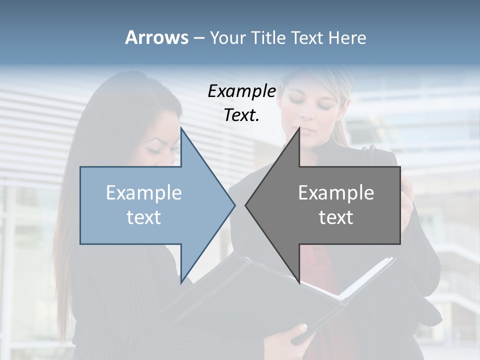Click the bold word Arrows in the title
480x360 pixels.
(x=157, y=37)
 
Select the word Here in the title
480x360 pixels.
(x=347, y=37)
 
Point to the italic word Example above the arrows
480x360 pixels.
(x=242, y=91)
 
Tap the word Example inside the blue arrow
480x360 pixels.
(x=144, y=193)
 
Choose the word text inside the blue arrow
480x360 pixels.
(x=144, y=217)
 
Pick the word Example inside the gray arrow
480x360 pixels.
(x=336, y=193)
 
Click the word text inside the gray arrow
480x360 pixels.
(x=336, y=217)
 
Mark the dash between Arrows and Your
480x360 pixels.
(x=198, y=38)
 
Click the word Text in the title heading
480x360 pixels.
(x=307, y=37)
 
